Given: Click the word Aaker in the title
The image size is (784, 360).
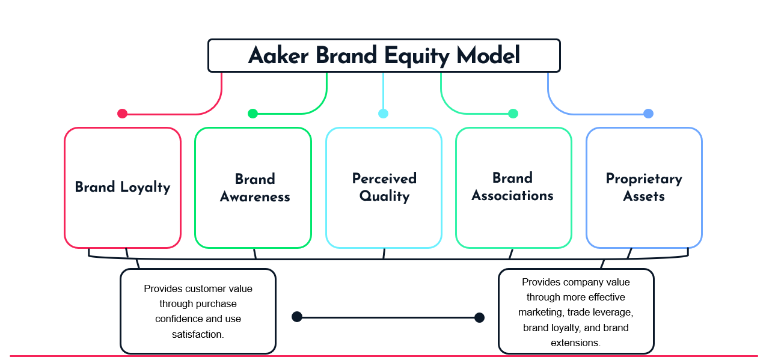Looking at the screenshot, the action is (x=278, y=55).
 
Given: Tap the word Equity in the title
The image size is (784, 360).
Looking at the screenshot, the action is (x=417, y=56).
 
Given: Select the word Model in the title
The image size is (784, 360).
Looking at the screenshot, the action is (x=488, y=55).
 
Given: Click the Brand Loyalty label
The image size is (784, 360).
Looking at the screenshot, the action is (x=123, y=187).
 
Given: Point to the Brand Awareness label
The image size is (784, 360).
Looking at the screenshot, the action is (x=255, y=188).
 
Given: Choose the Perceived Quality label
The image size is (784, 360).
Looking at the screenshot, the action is (x=384, y=187).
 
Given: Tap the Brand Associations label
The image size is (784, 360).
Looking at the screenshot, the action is (x=512, y=187).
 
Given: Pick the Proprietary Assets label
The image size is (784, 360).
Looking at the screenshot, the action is (x=644, y=187).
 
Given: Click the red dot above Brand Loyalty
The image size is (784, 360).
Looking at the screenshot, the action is (x=122, y=114).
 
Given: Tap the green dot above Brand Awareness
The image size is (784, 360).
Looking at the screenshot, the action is (x=253, y=114).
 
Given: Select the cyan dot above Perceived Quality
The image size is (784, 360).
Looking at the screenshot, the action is (x=383, y=114).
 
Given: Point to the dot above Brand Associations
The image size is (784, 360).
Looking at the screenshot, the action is (x=513, y=114).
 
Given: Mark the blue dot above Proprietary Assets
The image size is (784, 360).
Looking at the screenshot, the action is (x=649, y=114).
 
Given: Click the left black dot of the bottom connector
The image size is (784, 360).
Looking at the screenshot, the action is (x=297, y=317).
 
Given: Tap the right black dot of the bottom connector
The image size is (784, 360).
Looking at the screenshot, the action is (x=480, y=318).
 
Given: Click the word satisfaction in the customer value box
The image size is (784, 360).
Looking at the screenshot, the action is (x=197, y=335).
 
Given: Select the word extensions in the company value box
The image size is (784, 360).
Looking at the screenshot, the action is (x=575, y=343).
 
